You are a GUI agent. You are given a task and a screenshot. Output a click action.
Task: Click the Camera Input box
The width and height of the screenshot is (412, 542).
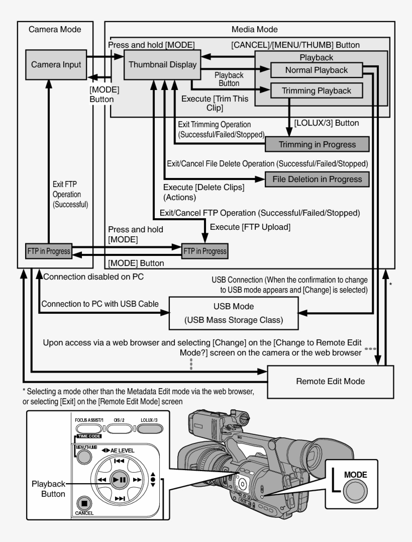[56, 64]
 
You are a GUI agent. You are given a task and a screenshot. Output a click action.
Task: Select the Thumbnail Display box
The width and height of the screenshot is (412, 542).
[158, 64]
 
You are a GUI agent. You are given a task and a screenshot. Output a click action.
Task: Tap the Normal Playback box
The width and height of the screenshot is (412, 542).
[316, 70]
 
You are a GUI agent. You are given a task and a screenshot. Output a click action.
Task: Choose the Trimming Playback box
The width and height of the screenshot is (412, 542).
[317, 91]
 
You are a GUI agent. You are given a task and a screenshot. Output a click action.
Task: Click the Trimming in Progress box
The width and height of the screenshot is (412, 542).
[317, 144]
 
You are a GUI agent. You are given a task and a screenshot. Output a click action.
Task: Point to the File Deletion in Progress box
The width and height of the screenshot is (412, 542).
[317, 178]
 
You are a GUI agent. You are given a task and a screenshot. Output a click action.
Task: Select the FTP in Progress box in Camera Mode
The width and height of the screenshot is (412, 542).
[49, 250]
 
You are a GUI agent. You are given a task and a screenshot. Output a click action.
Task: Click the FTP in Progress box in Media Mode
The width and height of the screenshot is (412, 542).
[204, 250]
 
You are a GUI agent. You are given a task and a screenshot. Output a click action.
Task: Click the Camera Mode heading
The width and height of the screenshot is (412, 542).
[55, 30]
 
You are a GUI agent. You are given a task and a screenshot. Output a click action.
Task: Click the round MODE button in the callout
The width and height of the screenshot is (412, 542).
[355, 493]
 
